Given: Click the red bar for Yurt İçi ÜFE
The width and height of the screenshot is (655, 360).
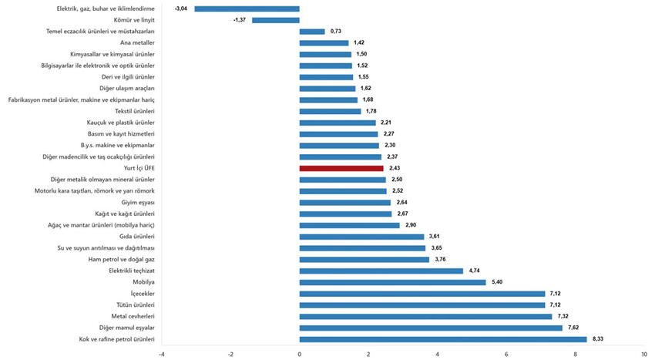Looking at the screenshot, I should click(x=341, y=168).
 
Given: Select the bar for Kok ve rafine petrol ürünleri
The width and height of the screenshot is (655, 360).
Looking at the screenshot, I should click(x=443, y=339).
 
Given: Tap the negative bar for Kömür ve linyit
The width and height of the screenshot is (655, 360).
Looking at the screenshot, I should click(x=276, y=20).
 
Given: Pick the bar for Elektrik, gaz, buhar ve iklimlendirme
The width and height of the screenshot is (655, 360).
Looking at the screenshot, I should click(x=247, y=8).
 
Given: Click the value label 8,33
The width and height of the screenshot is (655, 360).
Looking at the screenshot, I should click(x=599, y=339).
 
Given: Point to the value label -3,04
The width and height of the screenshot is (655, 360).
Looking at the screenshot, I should click(x=182, y=8).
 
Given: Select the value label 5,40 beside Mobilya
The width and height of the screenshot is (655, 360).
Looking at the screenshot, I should click(x=498, y=282).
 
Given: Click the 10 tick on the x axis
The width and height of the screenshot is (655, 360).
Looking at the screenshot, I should click(x=644, y=354).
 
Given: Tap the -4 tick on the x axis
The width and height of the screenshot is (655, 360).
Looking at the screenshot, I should click(x=161, y=354).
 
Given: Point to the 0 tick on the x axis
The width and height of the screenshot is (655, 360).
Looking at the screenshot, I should click(x=300, y=354).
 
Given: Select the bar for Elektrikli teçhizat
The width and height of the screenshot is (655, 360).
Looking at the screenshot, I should click(x=381, y=271).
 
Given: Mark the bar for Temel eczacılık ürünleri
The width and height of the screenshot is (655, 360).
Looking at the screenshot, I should click(x=312, y=32).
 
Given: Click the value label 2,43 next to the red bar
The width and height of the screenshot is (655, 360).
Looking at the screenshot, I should click(x=395, y=168).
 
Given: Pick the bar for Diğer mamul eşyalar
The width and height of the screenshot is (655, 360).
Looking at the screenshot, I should click(x=431, y=328).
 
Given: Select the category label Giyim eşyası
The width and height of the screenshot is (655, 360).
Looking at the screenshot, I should click(x=139, y=202).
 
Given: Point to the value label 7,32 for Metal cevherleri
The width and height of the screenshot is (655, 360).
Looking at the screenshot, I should click(x=564, y=316).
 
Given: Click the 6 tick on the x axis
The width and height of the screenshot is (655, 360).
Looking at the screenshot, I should click(x=506, y=354).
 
